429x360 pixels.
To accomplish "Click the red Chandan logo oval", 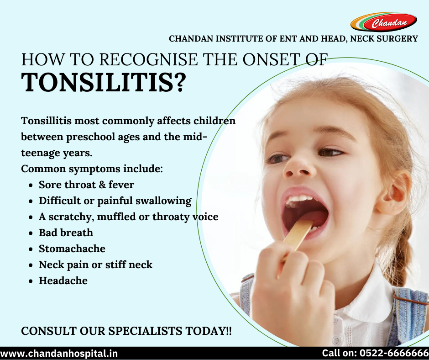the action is point(383,22).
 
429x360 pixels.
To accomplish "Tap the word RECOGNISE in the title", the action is point(148,59).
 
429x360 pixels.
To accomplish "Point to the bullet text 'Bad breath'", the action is point(66,233).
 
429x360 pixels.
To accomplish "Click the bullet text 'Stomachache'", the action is point(72,249).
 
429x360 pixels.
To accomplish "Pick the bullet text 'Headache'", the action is point(63,281).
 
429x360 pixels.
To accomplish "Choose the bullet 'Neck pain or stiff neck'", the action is point(95,265).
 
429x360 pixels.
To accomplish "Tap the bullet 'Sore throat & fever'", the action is point(86,185).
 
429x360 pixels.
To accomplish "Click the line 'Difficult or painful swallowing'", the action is point(115,201).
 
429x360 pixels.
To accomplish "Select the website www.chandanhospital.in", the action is point(59,354).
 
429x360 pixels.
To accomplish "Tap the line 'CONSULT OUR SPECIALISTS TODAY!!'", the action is point(126,331).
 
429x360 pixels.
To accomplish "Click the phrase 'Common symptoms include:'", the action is point(92,169).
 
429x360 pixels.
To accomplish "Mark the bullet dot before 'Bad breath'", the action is point(31,233).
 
